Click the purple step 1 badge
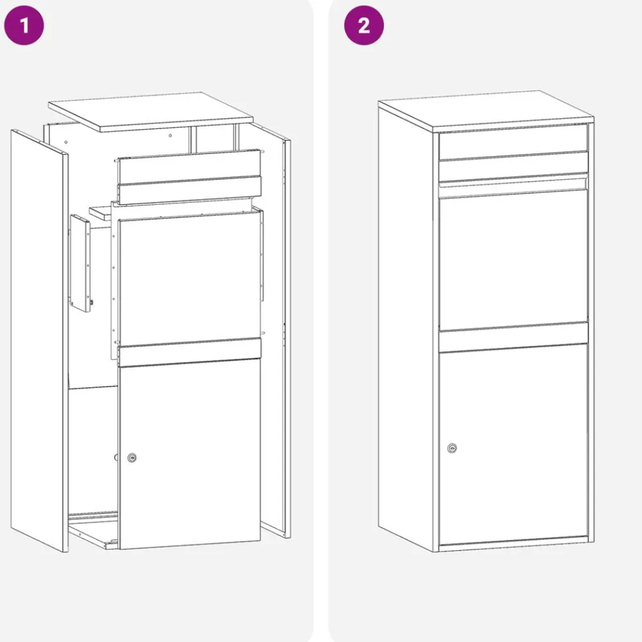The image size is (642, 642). click(24, 26)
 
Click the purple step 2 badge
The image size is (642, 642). click(364, 26)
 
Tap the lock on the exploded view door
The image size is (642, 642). click(132, 457)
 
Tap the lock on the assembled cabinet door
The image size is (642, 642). click(452, 448)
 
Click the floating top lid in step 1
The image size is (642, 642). click(151, 112)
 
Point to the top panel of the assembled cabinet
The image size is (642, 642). click(486, 111)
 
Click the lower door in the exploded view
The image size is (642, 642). click(189, 454)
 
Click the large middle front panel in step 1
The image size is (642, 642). click(189, 279)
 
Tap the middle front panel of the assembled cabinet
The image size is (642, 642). click(514, 259)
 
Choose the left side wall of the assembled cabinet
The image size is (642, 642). click(405, 327)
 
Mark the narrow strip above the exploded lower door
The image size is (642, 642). click(189, 352)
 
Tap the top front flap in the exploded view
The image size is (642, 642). click(189, 177)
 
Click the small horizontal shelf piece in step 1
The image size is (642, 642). click(101, 213)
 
